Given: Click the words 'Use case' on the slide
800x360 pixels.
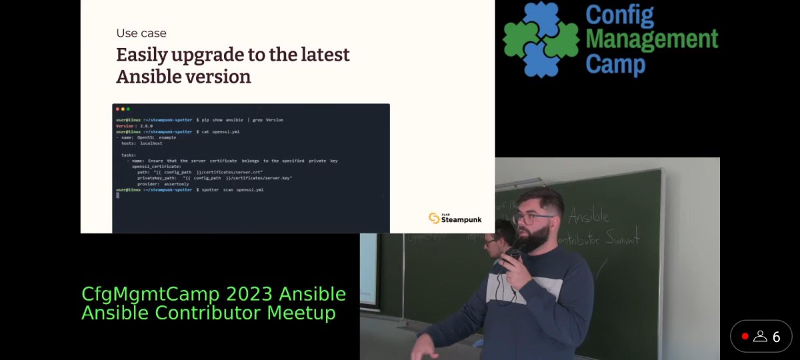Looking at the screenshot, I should tap(141, 33).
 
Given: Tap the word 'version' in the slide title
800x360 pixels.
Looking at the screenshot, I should tap(218, 77).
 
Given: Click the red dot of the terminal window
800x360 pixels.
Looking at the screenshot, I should tap(117, 109).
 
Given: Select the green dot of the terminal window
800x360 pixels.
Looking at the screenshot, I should tap(128, 109).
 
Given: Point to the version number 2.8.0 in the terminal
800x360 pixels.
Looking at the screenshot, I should tap(144, 126).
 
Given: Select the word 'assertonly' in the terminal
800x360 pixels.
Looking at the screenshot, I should tap(175, 184).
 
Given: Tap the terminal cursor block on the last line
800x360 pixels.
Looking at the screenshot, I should tap(117, 195).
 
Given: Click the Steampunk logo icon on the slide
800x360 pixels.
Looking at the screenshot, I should tap(434, 218).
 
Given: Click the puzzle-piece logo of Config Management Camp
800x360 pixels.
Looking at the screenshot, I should tap(541, 39).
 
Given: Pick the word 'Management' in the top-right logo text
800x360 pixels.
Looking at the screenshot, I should tap(651, 40).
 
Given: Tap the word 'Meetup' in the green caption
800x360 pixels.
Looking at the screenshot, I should tap(301, 312).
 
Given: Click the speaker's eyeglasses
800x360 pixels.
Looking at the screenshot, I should tap(533, 218).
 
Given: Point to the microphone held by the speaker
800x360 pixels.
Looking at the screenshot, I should tap(515, 254).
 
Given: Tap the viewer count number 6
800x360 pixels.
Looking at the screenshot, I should tap(776, 337).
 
